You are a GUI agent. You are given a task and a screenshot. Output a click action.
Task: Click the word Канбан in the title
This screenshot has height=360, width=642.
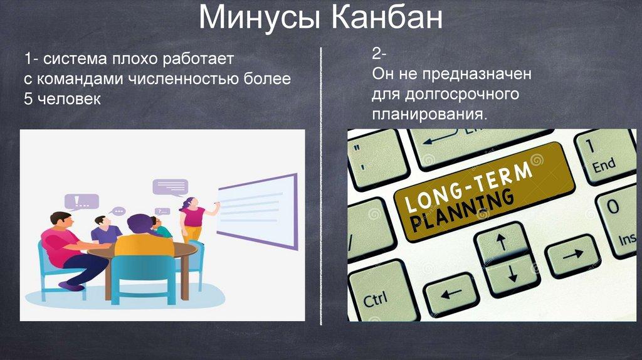click(386, 18)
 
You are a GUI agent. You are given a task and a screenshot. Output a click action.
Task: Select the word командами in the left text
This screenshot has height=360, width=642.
click(80, 78)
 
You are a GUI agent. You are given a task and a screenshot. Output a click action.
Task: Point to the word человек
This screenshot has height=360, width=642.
click(69, 98)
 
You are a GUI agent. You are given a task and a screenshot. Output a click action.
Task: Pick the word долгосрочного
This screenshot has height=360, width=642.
click(462, 95)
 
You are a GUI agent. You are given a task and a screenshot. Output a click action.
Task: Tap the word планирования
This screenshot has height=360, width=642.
click(429, 114)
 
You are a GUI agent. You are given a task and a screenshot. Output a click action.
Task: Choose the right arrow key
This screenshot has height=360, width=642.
click(572, 255)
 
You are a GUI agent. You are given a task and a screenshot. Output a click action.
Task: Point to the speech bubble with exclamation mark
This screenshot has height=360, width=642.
click(82, 201)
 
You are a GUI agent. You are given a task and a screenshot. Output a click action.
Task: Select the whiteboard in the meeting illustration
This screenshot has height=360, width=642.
click(257, 211)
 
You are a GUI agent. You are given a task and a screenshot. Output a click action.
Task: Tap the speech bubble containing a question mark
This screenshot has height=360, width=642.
click(162, 211)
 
